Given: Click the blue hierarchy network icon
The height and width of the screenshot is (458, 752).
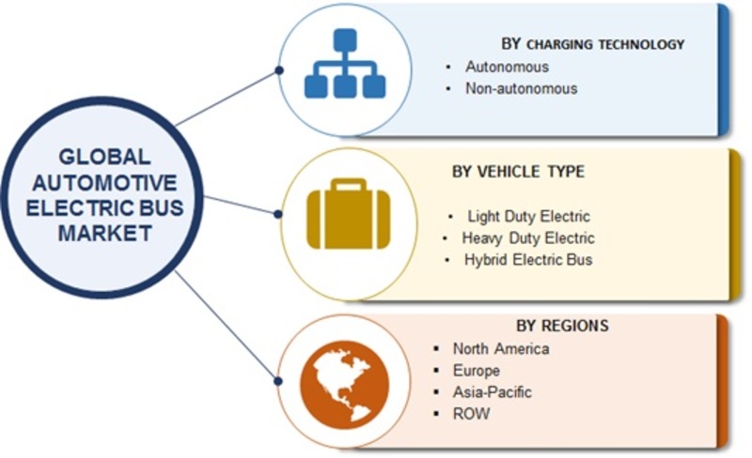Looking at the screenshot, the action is click(x=345, y=63).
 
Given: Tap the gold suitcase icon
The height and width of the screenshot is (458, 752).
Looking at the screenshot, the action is click(x=348, y=214).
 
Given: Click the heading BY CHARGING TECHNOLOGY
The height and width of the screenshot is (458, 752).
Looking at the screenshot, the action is click(x=593, y=44).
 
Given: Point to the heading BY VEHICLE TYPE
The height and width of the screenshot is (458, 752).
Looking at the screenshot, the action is click(x=519, y=172).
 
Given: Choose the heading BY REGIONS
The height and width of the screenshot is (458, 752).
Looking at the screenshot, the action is click(x=562, y=326).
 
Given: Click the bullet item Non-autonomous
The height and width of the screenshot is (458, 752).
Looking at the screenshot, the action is click(x=522, y=88).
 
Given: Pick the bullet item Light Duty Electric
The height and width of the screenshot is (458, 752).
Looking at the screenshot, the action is click(x=528, y=217).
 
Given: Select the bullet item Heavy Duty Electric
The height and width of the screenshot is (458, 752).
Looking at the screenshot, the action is click(x=528, y=238).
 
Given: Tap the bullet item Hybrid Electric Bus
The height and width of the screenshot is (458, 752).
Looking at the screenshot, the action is click(x=528, y=260).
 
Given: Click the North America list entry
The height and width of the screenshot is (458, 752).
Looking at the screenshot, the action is click(x=501, y=349).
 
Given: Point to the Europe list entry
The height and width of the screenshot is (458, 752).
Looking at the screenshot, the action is click(x=477, y=371).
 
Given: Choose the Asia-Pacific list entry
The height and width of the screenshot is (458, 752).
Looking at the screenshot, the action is click(x=492, y=392).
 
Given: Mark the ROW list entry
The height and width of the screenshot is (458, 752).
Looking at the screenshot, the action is click(x=471, y=414).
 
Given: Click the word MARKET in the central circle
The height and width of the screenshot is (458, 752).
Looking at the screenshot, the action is click(x=104, y=233).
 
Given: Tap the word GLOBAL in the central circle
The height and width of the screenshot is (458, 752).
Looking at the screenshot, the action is click(x=104, y=157).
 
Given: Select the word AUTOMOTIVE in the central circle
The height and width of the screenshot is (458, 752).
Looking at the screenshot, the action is click(x=104, y=182).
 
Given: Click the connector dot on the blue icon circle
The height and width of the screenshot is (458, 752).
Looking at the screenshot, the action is click(x=279, y=70).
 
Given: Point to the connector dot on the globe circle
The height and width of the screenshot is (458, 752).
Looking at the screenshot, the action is click(x=277, y=381).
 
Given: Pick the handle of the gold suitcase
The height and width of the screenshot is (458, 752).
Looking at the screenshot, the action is click(x=349, y=185).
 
